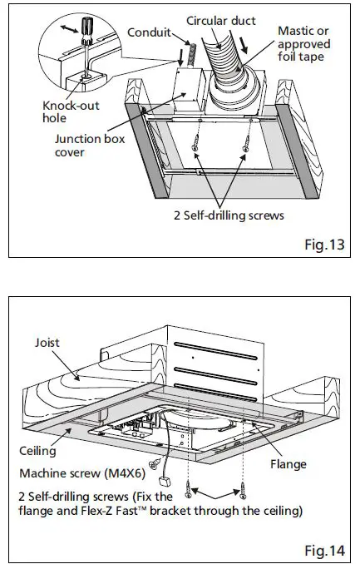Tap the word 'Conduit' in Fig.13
(150, 33)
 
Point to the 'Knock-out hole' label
(66, 112)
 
